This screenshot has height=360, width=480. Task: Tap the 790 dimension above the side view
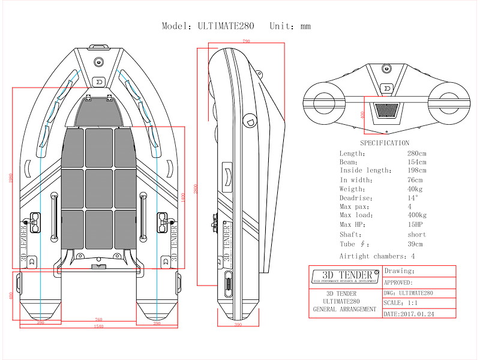[x=246, y=41]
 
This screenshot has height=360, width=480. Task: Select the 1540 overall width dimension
[x=99, y=326]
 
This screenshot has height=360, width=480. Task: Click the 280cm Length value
[x=416, y=153]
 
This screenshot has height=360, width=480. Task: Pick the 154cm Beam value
[x=416, y=162]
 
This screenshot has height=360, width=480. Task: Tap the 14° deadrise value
[x=413, y=198]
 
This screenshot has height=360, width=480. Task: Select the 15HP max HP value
[x=415, y=225]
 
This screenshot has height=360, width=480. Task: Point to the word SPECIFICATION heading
[x=385, y=143]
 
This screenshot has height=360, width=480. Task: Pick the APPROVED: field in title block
[x=398, y=282]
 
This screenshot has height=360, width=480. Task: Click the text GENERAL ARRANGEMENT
[x=345, y=310]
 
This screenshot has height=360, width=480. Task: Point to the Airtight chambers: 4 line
[x=377, y=256]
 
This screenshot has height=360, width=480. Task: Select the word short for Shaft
[x=416, y=235]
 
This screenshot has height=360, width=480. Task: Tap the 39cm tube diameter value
[x=415, y=244]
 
